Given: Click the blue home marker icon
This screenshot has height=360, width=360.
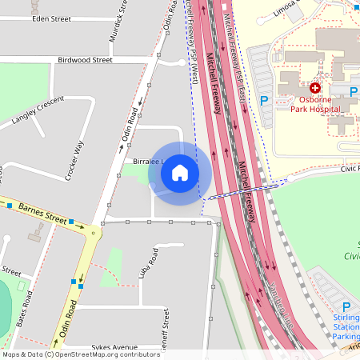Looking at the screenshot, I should pos(180,173).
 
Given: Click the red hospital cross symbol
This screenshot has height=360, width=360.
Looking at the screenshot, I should pos(316,87).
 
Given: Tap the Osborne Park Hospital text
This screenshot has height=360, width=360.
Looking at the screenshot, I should pos(315,103).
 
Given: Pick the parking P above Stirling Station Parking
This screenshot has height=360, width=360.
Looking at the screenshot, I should pos(346,307).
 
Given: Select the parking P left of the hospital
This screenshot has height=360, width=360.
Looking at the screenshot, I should pos(264,102).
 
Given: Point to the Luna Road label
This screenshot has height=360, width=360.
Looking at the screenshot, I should pos(143,262).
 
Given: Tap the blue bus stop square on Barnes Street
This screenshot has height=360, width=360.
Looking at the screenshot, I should pos(71,221).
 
